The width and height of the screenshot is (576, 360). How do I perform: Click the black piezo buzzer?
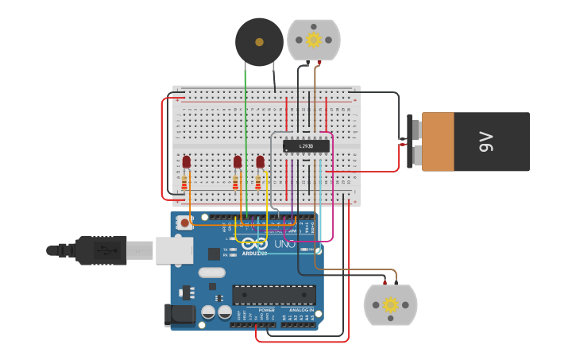tap(259, 42)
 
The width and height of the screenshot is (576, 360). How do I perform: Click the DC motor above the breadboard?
tap(314, 40)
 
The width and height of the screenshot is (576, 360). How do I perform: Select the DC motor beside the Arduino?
tap(390, 305)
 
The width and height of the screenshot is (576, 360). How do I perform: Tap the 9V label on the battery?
tap(486, 142)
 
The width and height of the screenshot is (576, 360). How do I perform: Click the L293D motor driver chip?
tap(306, 146)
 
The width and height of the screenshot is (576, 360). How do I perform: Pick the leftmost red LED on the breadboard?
tap(186, 162)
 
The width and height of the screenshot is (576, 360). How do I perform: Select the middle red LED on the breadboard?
tap(237, 162)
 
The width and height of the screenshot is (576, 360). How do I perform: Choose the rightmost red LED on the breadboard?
tap(260, 162)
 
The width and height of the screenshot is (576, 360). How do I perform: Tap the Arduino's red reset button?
tap(185, 223)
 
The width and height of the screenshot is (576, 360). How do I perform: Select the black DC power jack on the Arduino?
tap(180, 315)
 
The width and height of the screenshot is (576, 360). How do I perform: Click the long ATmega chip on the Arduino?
tap(273, 295)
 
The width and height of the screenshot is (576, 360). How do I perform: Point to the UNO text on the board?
tap(284, 244)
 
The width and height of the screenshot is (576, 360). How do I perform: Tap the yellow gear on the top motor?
tap(314, 40)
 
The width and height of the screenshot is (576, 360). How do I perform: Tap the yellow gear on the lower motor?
tap(390, 305)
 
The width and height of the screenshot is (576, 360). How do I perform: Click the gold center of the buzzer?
tap(259, 41)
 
